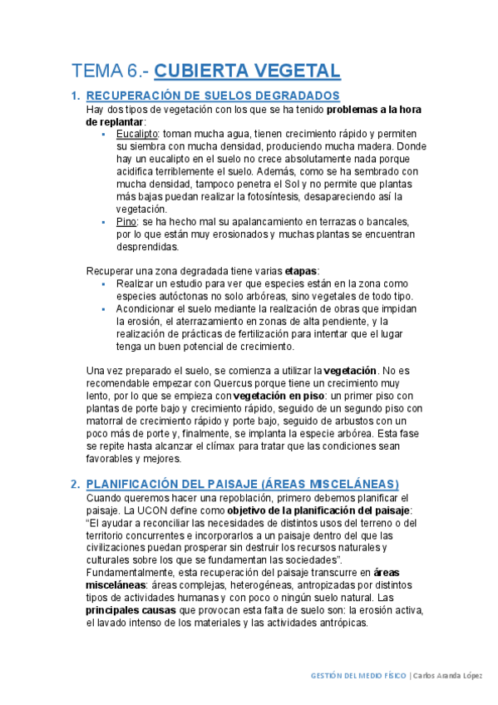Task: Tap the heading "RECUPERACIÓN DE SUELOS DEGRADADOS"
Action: click(213, 96)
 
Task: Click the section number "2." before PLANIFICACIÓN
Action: click(75, 484)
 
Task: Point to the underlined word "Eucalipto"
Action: click(137, 133)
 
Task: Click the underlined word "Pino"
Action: click(126, 222)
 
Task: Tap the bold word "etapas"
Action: click(300, 271)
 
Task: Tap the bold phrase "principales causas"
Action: click(131, 610)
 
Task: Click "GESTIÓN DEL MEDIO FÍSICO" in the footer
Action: click(356, 675)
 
